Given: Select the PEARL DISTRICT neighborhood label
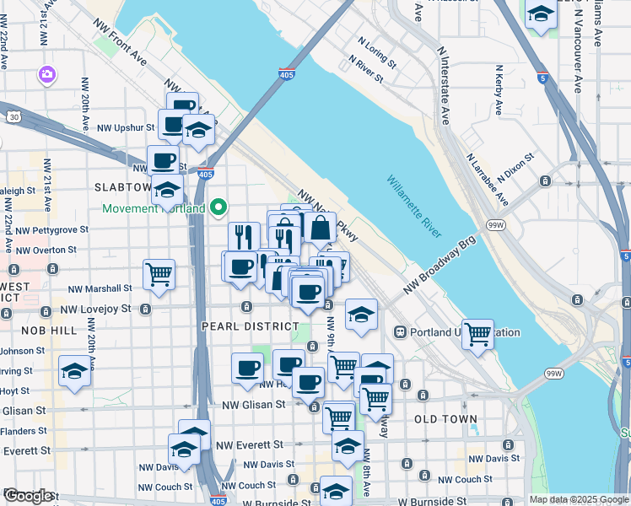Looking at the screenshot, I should (x=250, y=326).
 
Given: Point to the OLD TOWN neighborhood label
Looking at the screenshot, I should (x=445, y=418).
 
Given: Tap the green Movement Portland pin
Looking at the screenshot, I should (x=219, y=207).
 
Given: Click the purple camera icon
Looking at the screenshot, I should (x=46, y=76).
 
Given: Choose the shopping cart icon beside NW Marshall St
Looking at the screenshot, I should (x=159, y=273).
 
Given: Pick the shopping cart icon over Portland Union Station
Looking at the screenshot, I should (x=477, y=333).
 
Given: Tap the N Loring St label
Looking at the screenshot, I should (x=376, y=57).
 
